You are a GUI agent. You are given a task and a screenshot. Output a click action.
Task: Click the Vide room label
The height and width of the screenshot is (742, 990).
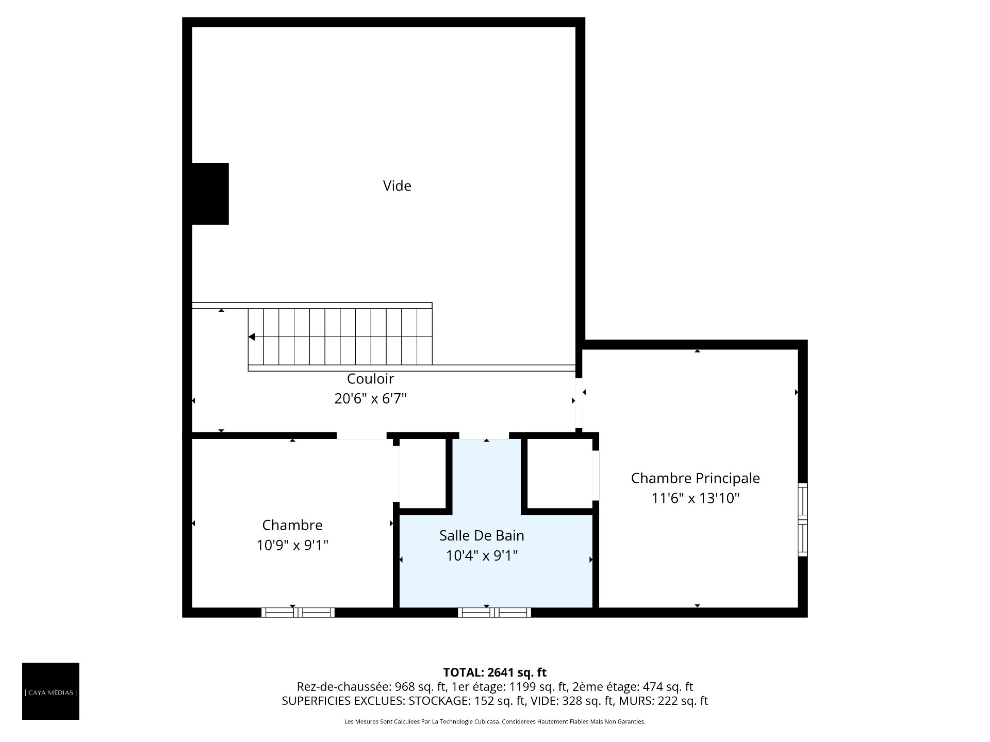(397, 185)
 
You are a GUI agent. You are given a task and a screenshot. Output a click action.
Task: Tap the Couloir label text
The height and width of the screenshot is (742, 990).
(370, 379)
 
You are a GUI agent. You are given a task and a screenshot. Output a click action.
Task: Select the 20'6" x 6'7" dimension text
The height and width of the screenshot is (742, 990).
(370, 399)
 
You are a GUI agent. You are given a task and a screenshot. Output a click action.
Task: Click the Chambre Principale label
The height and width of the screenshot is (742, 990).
(695, 478)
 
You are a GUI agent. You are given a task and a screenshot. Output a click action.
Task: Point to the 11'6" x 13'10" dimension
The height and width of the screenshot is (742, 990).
(695, 498)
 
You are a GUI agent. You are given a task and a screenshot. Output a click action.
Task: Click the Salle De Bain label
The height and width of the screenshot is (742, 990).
(482, 536)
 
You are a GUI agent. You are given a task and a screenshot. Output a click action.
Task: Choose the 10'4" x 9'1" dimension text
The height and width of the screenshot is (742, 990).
(482, 556)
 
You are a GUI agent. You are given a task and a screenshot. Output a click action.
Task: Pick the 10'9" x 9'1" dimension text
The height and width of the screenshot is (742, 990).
(292, 545)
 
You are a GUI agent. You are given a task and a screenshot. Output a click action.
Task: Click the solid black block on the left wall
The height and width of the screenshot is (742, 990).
(210, 194)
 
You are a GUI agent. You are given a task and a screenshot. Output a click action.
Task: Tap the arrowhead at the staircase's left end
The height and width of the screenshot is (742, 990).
(252, 337)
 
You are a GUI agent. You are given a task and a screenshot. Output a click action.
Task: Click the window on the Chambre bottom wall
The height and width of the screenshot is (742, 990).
(298, 613)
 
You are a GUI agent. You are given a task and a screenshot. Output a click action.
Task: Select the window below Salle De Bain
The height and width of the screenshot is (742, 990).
(494, 613)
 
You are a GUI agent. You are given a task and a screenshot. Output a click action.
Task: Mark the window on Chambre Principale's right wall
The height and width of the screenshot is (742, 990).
(803, 519)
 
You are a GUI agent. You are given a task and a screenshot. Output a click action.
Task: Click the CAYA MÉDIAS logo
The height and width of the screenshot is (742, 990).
(51, 691)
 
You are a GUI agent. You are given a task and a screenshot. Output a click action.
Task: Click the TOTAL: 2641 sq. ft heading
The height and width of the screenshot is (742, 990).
(494, 672)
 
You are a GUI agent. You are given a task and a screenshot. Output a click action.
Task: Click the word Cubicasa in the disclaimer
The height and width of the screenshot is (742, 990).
(488, 722)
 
